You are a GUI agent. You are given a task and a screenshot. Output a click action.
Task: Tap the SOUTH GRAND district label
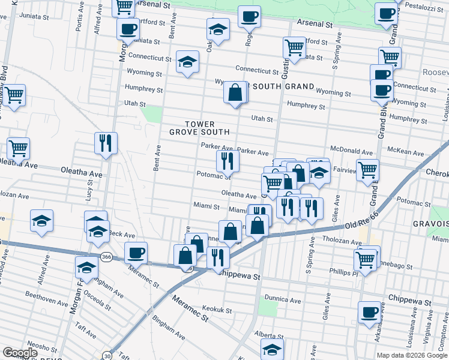(283, 86)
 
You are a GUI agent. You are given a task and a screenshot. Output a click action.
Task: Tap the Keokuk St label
(217, 310)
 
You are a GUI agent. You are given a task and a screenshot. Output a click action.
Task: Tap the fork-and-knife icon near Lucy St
(106, 143)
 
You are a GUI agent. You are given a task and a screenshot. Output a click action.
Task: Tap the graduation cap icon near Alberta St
(272, 349)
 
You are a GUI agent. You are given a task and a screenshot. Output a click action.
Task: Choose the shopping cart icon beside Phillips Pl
(366, 259)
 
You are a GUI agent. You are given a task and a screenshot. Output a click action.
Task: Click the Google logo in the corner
(20, 353)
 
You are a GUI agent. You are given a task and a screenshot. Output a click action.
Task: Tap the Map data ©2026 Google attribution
(412, 355)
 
